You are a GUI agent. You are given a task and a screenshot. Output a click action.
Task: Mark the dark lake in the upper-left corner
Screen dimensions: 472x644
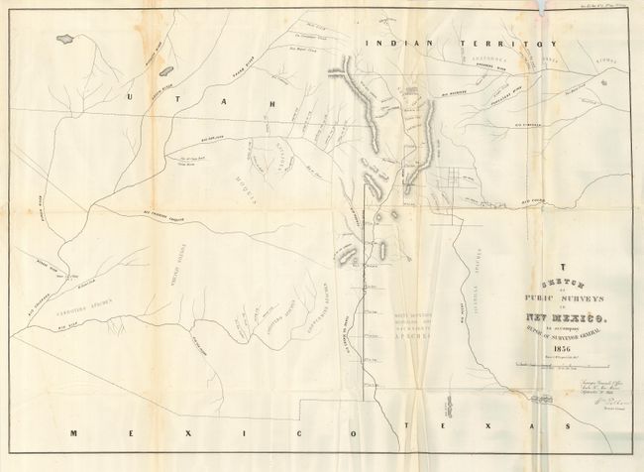(66, 39)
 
